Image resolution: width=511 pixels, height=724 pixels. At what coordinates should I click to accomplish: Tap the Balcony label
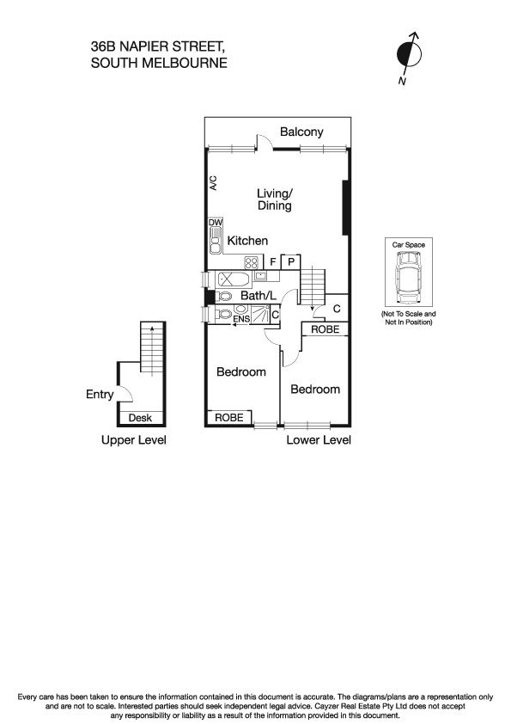click(x=301, y=132)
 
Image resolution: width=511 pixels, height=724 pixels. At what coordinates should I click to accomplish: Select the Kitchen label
click(x=247, y=241)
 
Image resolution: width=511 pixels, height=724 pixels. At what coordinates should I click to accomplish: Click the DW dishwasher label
click(x=215, y=223)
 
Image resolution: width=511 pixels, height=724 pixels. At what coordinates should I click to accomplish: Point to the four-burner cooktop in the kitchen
click(x=252, y=262)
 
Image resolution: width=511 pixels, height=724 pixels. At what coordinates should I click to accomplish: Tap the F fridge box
click(x=273, y=261)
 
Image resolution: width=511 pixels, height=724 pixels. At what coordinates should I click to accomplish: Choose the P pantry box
click(x=291, y=261)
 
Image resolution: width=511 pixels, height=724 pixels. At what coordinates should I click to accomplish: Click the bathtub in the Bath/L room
click(x=233, y=278)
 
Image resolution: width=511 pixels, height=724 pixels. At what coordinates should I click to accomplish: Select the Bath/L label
click(x=258, y=297)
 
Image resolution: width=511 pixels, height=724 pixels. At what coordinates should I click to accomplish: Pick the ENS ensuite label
click(x=220, y=316)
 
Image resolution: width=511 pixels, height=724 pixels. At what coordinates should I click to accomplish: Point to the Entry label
click(x=100, y=395)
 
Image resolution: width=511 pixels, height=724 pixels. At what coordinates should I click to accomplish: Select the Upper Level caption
click(x=133, y=440)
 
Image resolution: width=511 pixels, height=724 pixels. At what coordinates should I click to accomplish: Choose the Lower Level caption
click(x=319, y=440)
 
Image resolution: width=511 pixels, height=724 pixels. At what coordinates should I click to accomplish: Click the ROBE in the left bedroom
click(x=229, y=417)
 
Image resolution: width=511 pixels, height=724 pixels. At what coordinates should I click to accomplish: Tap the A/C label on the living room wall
click(x=213, y=181)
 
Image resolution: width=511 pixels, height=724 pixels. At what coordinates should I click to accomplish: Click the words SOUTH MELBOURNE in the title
click(x=159, y=62)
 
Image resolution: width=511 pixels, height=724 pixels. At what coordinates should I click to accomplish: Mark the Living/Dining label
click(x=275, y=199)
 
